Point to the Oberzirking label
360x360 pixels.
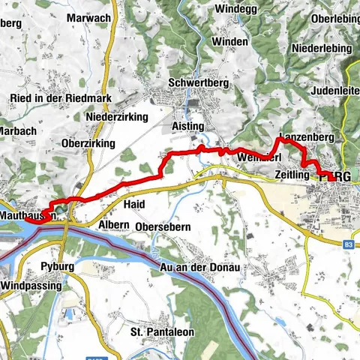(89, 142)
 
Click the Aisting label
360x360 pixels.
(187, 126)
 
